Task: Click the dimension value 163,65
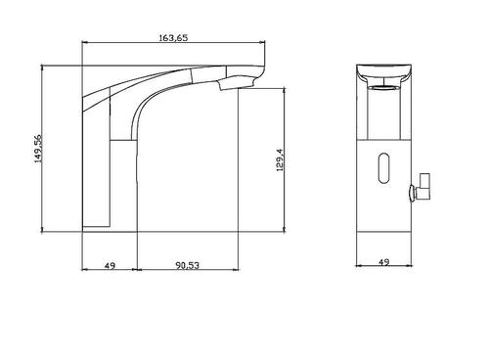click(173, 38)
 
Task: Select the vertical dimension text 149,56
click(39, 149)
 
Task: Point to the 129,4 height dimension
click(280, 160)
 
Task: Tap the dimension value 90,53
click(188, 265)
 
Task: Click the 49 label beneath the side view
click(384, 262)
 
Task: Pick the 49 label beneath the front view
click(110, 266)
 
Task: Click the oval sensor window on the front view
click(384, 168)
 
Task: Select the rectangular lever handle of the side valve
click(424, 186)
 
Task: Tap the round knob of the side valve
click(413, 193)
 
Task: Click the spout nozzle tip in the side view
click(237, 83)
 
